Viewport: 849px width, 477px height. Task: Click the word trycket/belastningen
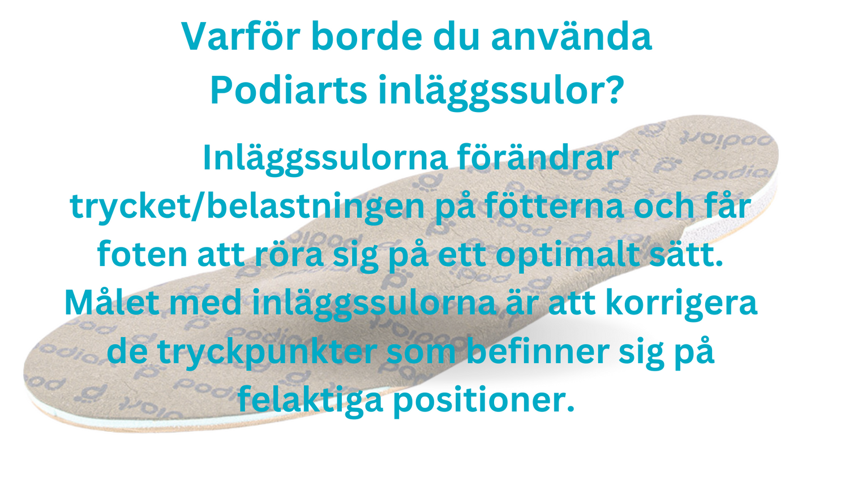[x=247, y=206]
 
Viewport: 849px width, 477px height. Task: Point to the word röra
[x=295, y=255]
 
